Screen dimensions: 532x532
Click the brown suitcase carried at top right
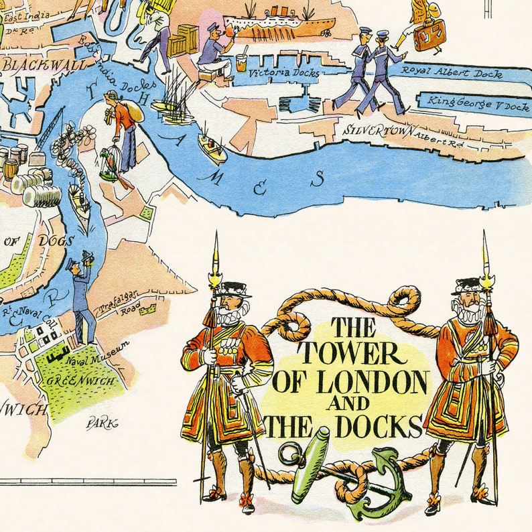(429, 34)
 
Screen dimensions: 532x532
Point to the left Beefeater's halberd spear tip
(216, 255)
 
